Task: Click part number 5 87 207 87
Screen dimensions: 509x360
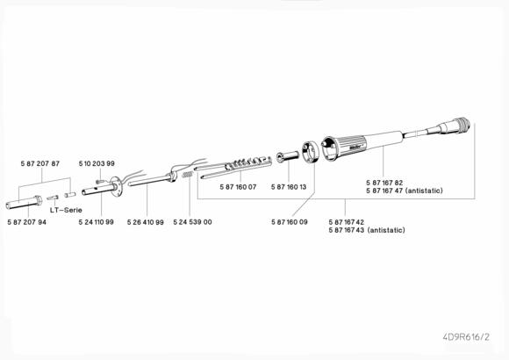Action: [x=40, y=163]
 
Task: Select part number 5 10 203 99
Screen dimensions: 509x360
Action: [x=97, y=163]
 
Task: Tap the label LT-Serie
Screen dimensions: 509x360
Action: [x=66, y=210]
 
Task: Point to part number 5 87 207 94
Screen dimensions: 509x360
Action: [x=27, y=222]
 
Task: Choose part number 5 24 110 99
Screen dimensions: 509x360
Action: [x=97, y=222]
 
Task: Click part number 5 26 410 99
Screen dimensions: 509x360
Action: [x=146, y=222]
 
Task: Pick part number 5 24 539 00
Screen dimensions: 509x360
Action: [x=192, y=222]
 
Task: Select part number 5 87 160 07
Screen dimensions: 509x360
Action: [x=238, y=187]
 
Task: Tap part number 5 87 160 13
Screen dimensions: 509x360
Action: [x=289, y=187]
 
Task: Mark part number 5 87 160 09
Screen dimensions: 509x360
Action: [x=290, y=222]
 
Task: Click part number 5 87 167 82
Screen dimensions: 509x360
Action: [x=384, y=183]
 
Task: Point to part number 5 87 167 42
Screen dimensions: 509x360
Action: [x=347, y=222]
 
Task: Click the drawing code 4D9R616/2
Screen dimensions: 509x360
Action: [x=466, y=337]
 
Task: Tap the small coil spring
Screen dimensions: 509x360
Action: [x=188, y=175]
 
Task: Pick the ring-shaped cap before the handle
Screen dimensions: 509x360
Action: [x=310, y=152]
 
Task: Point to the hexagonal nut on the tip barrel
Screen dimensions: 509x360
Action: [x=38, y=200]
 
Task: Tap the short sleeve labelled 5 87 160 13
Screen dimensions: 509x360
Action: [x=288, y=156]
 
